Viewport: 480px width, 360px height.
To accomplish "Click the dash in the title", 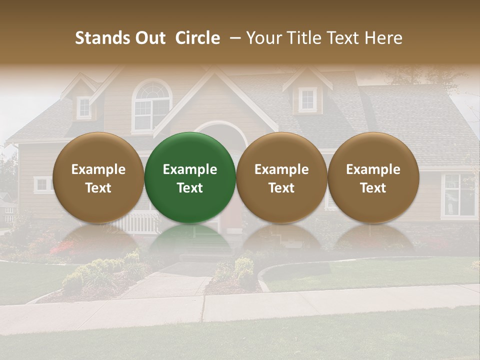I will click(x=233, y=38).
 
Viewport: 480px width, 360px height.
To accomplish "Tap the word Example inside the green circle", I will click(x=190, y=169).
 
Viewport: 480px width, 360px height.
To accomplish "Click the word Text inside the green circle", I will click(x=190, y=188).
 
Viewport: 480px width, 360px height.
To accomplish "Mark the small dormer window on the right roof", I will click(x=307, y=99).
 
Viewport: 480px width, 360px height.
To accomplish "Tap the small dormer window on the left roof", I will click(x=84, y=106).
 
